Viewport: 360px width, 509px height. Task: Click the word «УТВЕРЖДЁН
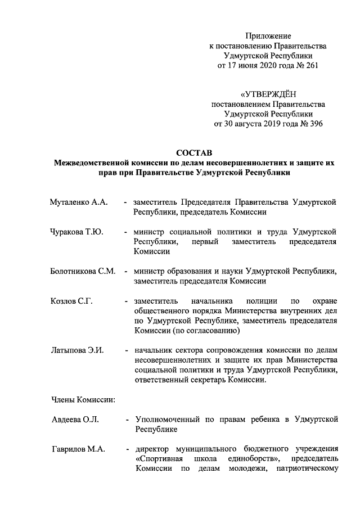pyautogui.click(x=267, y=94)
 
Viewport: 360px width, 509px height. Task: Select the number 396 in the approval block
pyautogui.click(x=313, y=124)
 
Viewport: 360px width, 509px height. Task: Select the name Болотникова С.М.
pyautogui.click(x=82, y=271)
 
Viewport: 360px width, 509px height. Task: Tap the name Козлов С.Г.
pyautogui.click(x=70, y=300)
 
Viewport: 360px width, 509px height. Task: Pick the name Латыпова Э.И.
pyautogui.click(x=75, y=350)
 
